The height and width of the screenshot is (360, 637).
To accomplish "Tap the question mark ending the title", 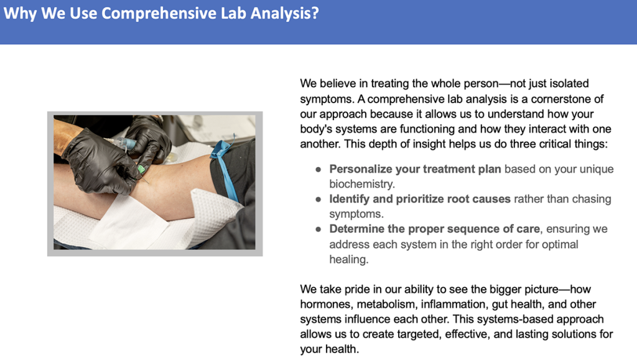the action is pyautogui.click(x=314, y=12).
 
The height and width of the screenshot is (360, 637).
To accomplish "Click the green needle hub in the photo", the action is pyautogui.click(x=141, y=169).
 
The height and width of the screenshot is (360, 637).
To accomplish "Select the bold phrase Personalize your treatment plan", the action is pyautogui.click(x=415, y=169).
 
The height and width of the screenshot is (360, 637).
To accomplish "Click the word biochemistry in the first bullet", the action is pyautogui.click(x=361, y=184).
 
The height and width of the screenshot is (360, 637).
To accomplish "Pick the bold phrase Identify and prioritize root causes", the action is pyautogui.click(x=420, y=200).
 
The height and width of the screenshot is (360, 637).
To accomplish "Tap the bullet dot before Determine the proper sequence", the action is pyautogui.click(x=318, y=229).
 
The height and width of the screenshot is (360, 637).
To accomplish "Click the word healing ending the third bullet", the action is pyautogui.click(x=348, y=259).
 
